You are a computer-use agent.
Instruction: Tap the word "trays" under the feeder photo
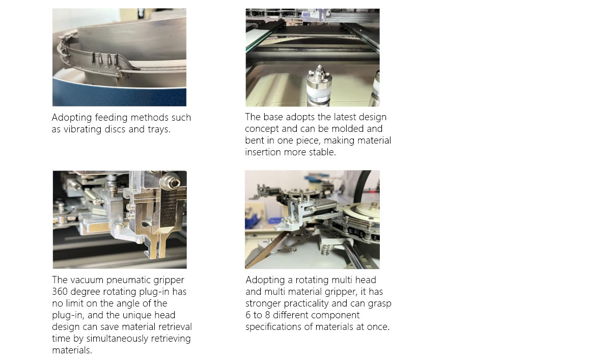point(157,129)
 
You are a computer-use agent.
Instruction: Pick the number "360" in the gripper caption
point(61,292)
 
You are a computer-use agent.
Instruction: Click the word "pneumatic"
point(129,280)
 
